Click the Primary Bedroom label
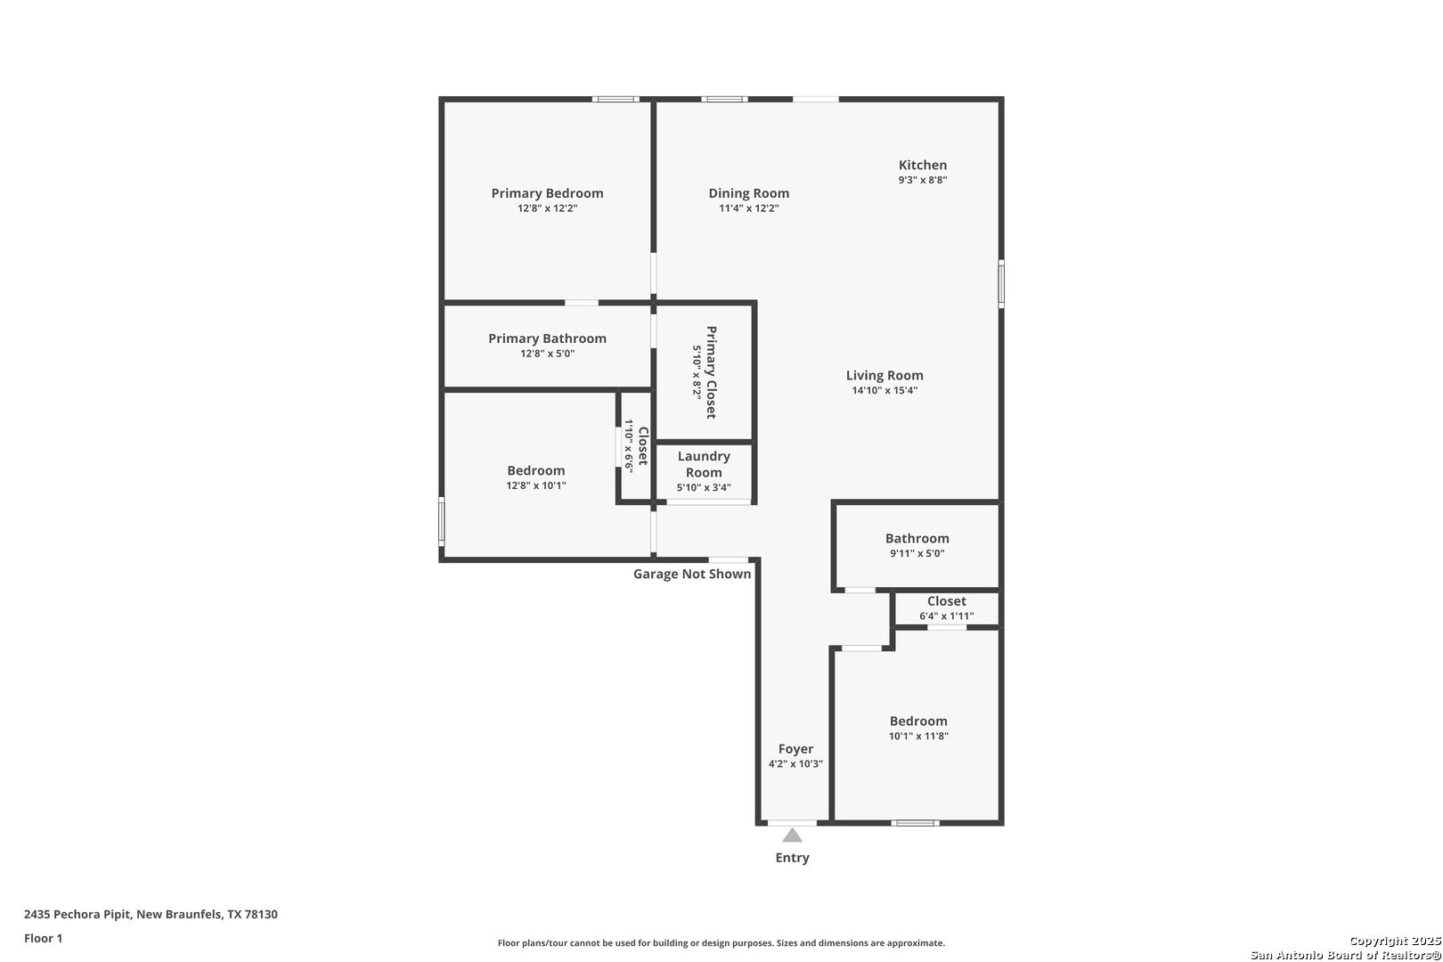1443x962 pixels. pyautogui.click(x=547, y=193)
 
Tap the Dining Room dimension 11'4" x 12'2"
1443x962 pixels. pyautogui.click(x=748, y=208)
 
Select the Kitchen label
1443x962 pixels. pyautogui.click(x=923, y=165)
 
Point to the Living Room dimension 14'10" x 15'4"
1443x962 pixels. pyautogui.click(x=885, y=390)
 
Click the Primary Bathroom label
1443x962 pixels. pyautogui.click(x=547, y=338)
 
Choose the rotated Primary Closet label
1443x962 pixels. pyautogui.click(x=711, y=372)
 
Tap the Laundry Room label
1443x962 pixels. pyautogui.click(x=704, y=464)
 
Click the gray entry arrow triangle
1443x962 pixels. pyautogui.click(x=792, y=835)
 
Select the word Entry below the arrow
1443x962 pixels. pyautogui.click(x=792, y=858)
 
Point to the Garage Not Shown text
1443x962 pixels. pyautogui.click(x=692, y=575)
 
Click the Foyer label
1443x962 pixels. pyautogui.click(x=795, y=749)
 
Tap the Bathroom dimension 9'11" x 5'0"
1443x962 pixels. pyautogui.click(x=917, y=553)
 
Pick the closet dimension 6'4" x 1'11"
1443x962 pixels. pyautogui.click(x=946, y=616)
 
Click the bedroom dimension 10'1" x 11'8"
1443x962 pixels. pyautogui.click(x=918, y=736)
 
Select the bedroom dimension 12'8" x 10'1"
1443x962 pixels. pyautogui.click(x=536, y=485)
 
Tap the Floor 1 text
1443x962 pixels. pyautogui.click(x=43, y=938)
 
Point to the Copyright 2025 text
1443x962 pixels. pyautogui.click(x=1395, y=941)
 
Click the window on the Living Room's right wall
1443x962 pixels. pyautogui.click(x=1001, y=283)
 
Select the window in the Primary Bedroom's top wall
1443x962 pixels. pyautogui.click(x=616, y=99)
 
